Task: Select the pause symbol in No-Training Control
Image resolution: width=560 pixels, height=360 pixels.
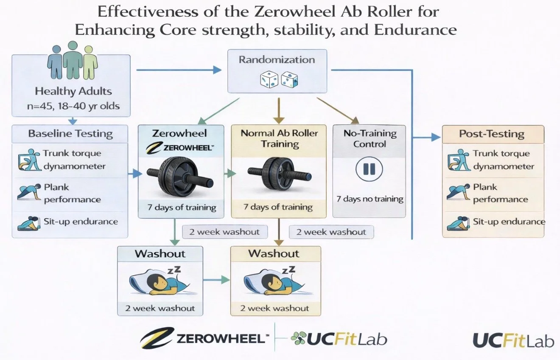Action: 369,169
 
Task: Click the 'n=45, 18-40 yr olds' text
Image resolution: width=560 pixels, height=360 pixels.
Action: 73,106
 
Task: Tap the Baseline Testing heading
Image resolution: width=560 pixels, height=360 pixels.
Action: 70,134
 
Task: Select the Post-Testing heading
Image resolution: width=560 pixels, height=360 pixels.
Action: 492,134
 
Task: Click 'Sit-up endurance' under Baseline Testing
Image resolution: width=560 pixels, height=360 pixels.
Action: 81,221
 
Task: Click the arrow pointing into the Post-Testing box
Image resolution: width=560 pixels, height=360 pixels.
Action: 433,137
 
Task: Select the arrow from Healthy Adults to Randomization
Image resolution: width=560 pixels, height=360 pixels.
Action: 178,70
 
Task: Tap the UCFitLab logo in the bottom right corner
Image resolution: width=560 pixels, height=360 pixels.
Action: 513,340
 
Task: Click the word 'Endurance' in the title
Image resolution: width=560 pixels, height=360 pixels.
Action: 419,30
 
